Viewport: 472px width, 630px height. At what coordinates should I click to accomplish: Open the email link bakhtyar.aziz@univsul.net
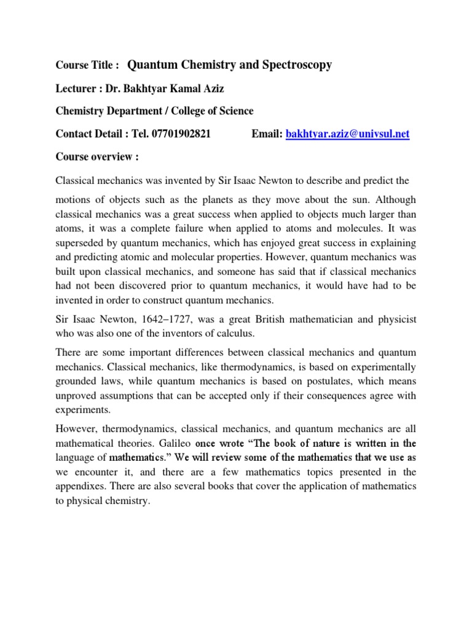coord(348,134)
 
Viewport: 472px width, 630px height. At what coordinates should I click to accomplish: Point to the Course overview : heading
coord(97,157)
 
